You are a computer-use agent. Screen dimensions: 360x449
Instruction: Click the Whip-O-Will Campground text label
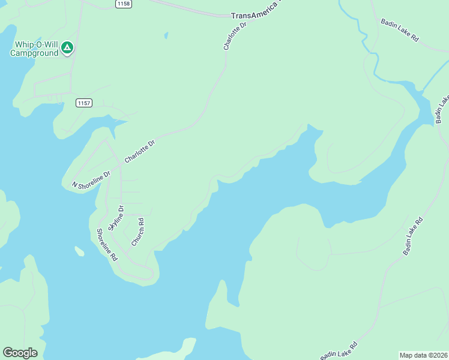(34, 49)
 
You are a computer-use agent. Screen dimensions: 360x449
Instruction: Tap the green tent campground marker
(68, 47)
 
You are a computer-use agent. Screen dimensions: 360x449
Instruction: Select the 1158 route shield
(124, 4)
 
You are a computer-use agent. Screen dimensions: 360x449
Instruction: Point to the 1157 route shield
(84, 103)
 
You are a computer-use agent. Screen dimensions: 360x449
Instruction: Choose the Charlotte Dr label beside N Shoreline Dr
(139, 151)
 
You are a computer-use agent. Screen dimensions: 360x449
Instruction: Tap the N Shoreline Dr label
(91, 179)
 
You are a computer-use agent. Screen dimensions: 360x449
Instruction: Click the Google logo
(20, 353)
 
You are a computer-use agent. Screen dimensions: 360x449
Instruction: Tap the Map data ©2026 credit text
(423, 355)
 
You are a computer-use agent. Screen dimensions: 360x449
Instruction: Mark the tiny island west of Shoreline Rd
(79, 251)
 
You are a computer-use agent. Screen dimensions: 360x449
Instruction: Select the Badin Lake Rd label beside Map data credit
(339, 351)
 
